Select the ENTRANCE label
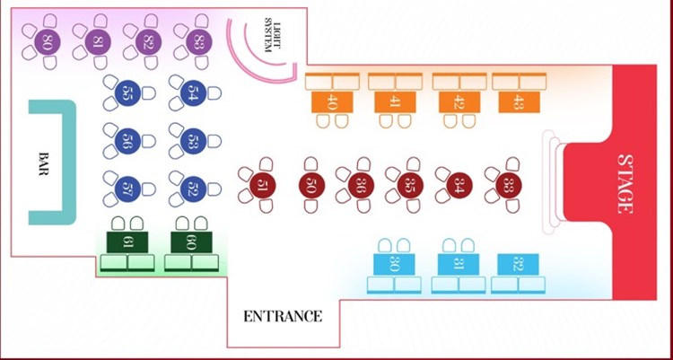(x=283, y=316)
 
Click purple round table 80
(x=46, y=40)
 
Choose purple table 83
(x=196, y=40)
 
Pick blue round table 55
(x=127, y=92)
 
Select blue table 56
(x=127, y=140)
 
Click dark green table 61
(x=128, y=241)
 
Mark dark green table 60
(x=192, y=241)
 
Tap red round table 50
(x=311, y=186)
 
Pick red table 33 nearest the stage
(x=509, y=186)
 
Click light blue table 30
(x=395, y=264)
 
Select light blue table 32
(x=518, y=264)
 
